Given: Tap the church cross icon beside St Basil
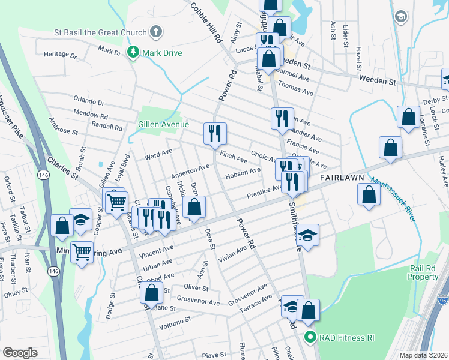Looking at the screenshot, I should click(155, 31).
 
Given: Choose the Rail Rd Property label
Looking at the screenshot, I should click(423, 272).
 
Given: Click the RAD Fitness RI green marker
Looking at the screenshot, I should click(310, 337).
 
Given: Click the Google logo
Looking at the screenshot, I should click(20, 352).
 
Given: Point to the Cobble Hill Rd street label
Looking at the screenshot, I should click(205, 22).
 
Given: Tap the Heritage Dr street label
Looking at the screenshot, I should click(61, 55).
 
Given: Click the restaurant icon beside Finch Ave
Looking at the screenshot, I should click(215, 133).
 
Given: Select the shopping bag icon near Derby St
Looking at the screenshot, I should click(409, 116).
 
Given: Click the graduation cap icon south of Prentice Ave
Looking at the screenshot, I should click(308, 235).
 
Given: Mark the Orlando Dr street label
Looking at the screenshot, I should click(89, 99).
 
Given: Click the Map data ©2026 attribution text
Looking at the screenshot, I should click(424, 355).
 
